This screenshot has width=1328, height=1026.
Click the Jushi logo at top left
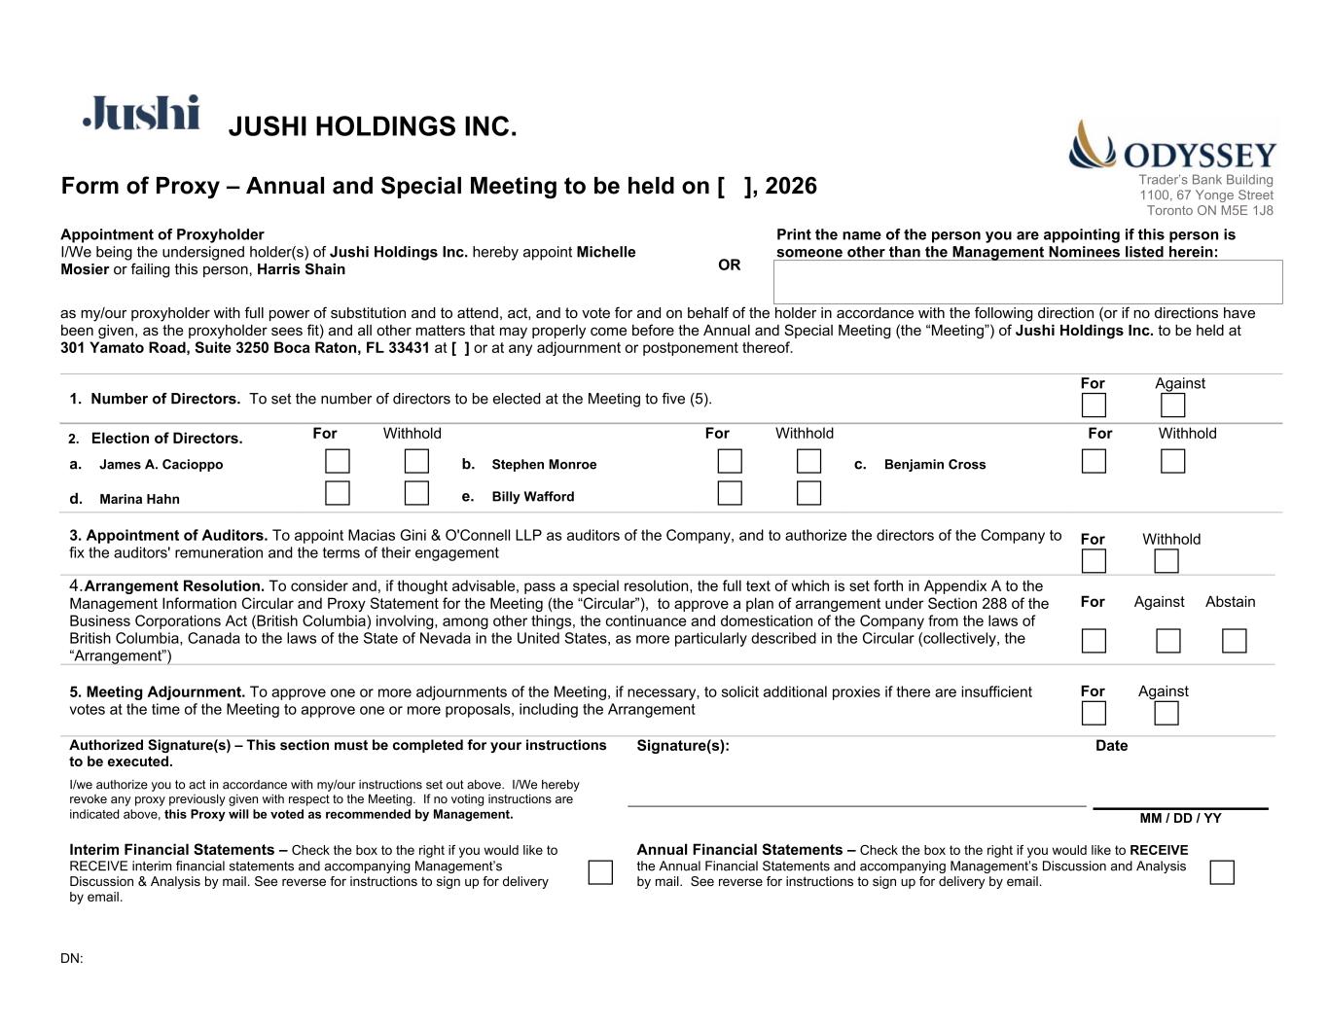click(x=142, y=113)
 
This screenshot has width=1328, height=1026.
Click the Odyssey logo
click(x=1172, y=147)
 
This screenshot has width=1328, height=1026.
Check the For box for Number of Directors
click(x=1094, y=405)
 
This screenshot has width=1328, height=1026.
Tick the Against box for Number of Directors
click(x=1172, y=405)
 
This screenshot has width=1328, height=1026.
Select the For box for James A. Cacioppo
click(x=338, y=461)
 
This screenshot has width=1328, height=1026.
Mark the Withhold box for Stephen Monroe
click(x=808, y=461)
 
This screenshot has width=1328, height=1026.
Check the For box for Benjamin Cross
click(x=1094, y=461)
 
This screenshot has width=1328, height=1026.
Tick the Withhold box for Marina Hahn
click(x=416, y=493)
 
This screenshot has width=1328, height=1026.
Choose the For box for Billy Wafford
click(x=730, y=493)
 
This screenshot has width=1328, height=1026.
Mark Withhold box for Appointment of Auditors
click(x=1166, y=561)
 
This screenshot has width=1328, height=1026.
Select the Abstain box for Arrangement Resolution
click(x=1234, y=641)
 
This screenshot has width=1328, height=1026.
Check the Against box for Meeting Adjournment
click(x=1166, y=713)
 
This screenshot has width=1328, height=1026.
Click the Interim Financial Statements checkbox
click(x=600, y=872)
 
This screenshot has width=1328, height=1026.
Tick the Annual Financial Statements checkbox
click(x=1221, y=872)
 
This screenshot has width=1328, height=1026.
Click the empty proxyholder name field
click(x=1027, y=282)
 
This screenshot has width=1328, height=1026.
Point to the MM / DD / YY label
click(x=1180, y=818)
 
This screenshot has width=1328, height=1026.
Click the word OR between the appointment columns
click(x=729, y=265)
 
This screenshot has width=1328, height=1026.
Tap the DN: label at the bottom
click(x=72, y=959)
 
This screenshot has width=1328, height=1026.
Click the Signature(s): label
click(x=682, y=746)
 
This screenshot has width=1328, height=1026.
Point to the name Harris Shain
click(x=301, y=269)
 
